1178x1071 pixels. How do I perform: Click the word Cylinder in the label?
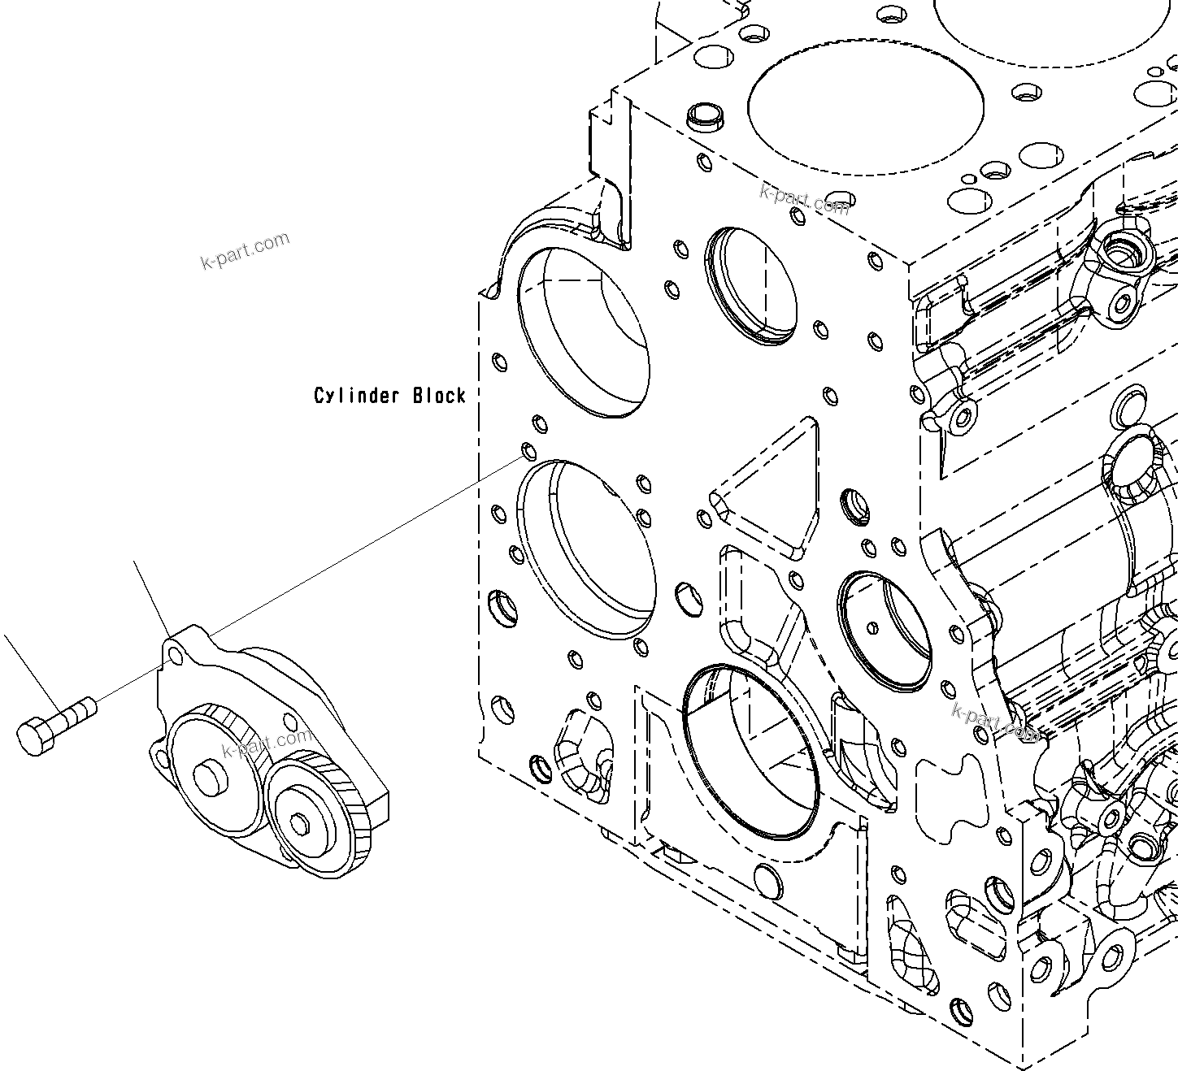tap(357, 396)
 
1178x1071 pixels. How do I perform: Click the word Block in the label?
tap(439, 396)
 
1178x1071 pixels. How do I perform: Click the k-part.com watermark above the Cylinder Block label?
tap(244, 250)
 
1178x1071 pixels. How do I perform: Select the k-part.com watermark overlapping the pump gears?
tap(267, 742)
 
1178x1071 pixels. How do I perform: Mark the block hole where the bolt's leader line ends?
tap(528, 451)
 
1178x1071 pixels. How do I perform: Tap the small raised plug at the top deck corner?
tap(704, 116)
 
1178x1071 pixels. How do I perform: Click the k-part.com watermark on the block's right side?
tap(996, 722)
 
